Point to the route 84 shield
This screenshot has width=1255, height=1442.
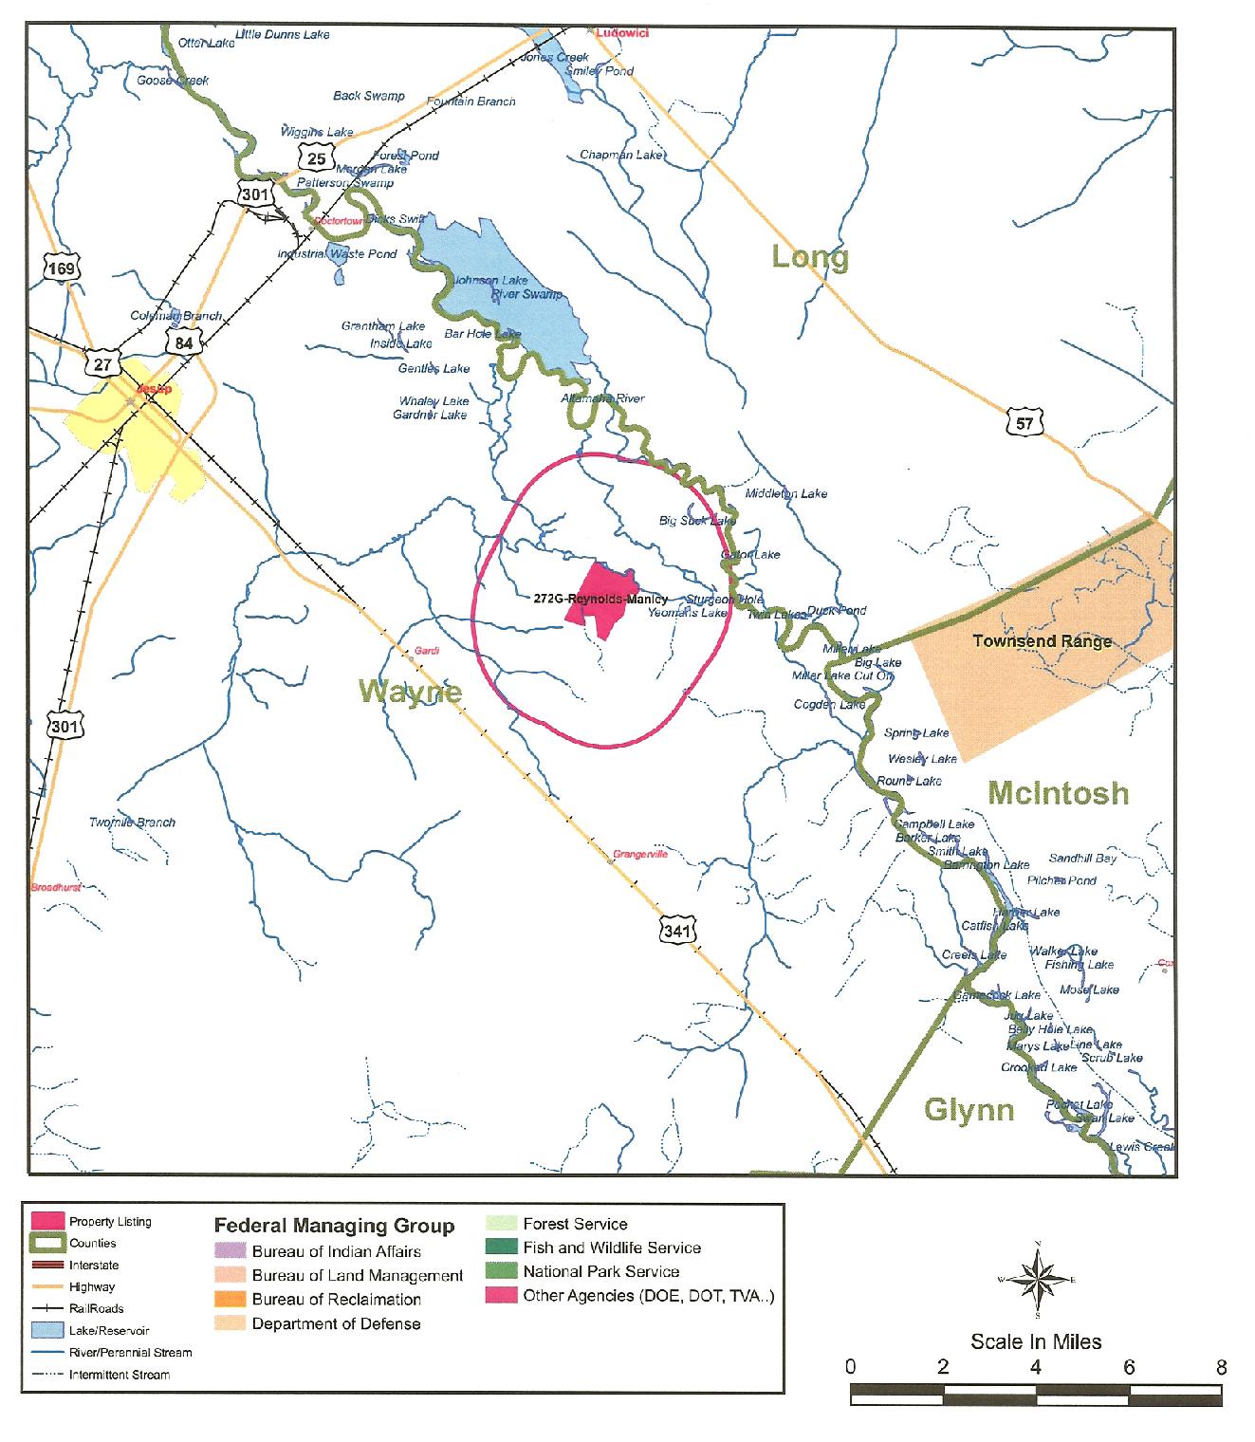point(183,342)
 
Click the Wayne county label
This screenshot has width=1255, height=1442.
point(411,692)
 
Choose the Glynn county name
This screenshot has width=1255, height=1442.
point(969,1109)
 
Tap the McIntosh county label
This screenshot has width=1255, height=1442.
point(1058,792)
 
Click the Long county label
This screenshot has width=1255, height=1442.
point(809,256)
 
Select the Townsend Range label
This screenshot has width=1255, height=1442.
point(1042,641)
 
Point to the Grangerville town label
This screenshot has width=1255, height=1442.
point(640,854)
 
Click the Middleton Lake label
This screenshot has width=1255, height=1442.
point(785,493)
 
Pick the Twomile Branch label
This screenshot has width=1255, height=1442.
point(132,823)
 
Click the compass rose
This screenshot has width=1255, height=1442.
point(1040,1281)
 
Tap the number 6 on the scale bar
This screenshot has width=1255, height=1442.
point(1129,1367)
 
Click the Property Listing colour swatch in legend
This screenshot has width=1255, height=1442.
point(47,1221)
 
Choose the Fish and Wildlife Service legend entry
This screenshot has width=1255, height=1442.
point(611,1248)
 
